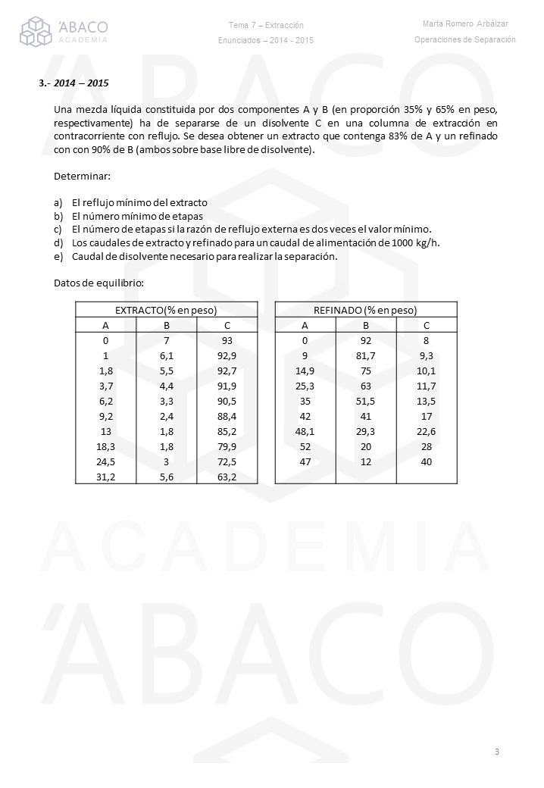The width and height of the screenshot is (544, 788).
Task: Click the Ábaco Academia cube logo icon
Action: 36,32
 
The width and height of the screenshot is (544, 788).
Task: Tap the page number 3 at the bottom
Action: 496,752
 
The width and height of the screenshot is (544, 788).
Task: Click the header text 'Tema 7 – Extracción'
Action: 265,25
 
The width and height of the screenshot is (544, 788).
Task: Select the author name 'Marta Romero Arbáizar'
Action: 465,24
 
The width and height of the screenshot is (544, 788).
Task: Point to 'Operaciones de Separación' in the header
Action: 465,39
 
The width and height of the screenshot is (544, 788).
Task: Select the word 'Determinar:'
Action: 82,177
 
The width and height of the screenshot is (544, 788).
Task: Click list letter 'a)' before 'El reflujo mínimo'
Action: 58,203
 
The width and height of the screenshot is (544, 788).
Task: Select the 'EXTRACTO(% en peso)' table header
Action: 166,310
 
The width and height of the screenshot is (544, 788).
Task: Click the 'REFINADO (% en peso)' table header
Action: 365,310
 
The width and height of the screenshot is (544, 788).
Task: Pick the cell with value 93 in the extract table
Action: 227,340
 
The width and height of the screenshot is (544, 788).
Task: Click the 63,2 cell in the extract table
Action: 227,477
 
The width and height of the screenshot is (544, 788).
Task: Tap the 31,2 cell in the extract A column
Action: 105,477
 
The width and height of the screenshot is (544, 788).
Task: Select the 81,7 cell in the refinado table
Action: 365,355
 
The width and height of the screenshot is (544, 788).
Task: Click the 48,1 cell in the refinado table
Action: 305,431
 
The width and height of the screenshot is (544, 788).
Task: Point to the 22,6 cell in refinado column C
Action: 427,431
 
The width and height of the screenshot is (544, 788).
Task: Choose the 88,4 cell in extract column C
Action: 227,416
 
